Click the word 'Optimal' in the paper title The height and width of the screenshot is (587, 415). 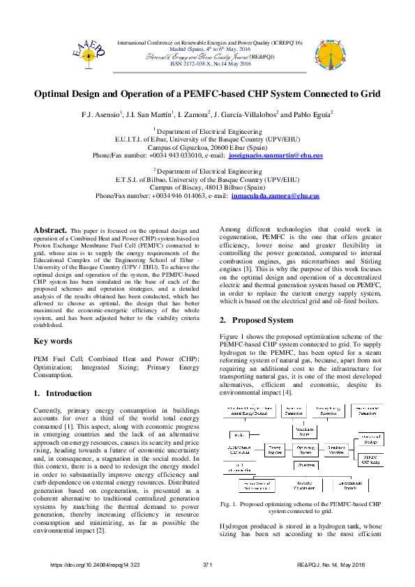[56, 93]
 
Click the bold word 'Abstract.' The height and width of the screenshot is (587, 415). [50, 229]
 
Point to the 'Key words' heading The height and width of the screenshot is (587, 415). [53, 341]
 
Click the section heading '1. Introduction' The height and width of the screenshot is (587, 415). [62, 393]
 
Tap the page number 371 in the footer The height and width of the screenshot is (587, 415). [207, 565]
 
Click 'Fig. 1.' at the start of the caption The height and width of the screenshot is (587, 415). [229, 503]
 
